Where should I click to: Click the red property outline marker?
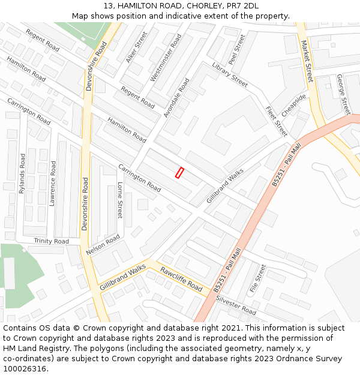[x=179, y=172]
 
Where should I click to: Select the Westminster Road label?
[x=166, y=58]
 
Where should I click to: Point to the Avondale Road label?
[x=176, y=97]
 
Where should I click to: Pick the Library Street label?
[x=229, y=74]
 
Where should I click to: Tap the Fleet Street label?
[x=276, y=121]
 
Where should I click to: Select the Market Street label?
[x=307, y=61]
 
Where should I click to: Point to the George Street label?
[x=343, y=94]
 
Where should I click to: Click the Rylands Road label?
[x=22, y=173]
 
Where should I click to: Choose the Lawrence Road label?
[x=53, y=184]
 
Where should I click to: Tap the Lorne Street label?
[x=119, y=200]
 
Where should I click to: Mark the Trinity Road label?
[x=51, y=241]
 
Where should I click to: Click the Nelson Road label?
[x=103, y=245]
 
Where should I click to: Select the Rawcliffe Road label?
[x=181, y=279]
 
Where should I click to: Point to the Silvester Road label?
[x=236, y=305]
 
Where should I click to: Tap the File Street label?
[x=257, y=278]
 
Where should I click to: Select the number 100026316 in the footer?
[x=25, y=368]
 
